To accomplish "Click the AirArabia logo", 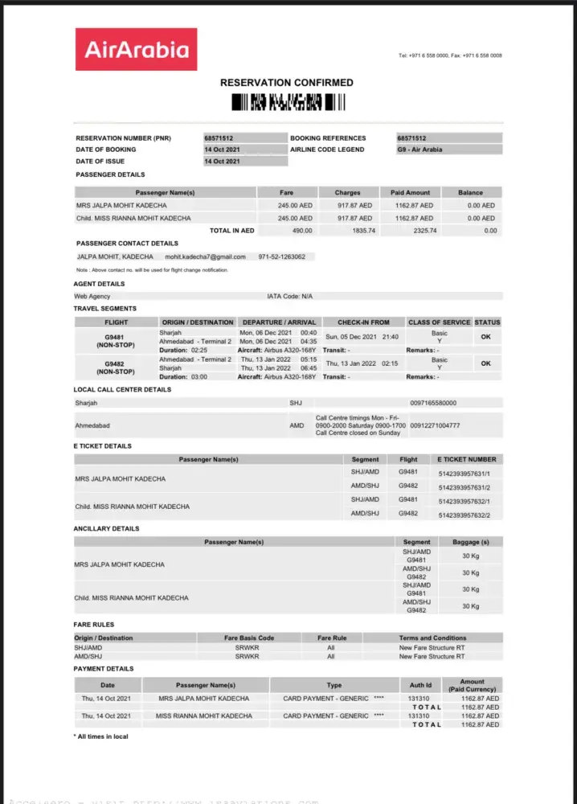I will [136, 50].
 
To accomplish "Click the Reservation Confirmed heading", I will [287, 83].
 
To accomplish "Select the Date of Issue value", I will [222, 161].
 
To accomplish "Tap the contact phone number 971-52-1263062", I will [281, 256].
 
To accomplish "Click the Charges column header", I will [348, 193].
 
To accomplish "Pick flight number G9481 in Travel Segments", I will [116, 337].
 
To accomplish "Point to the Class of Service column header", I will [439, 322].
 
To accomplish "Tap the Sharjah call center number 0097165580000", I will [432, 402].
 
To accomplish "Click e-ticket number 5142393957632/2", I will [464, 515].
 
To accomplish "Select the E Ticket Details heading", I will [103, 445].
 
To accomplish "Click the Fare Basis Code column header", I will [249, 638].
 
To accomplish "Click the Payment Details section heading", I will [104, 668].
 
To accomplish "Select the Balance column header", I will [471, 193].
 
